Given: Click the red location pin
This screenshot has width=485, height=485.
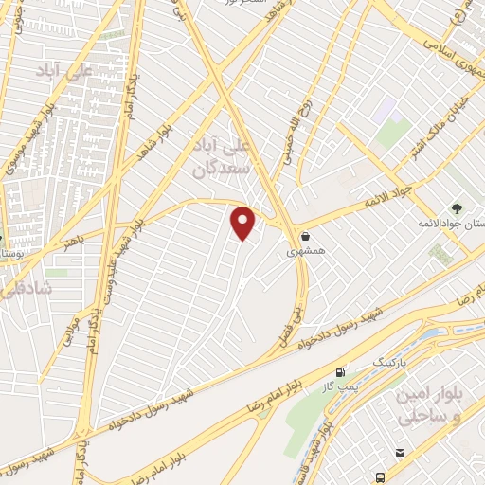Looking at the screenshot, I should (x=243, y=223).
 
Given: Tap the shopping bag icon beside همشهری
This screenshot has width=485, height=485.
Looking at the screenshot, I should (x=305, y=237).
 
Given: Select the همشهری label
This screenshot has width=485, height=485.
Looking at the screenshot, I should (x=305, y=253).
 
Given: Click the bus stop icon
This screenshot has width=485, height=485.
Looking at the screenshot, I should (x=381, y=476).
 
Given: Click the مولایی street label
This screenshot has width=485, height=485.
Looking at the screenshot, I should (x=67, y=337).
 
